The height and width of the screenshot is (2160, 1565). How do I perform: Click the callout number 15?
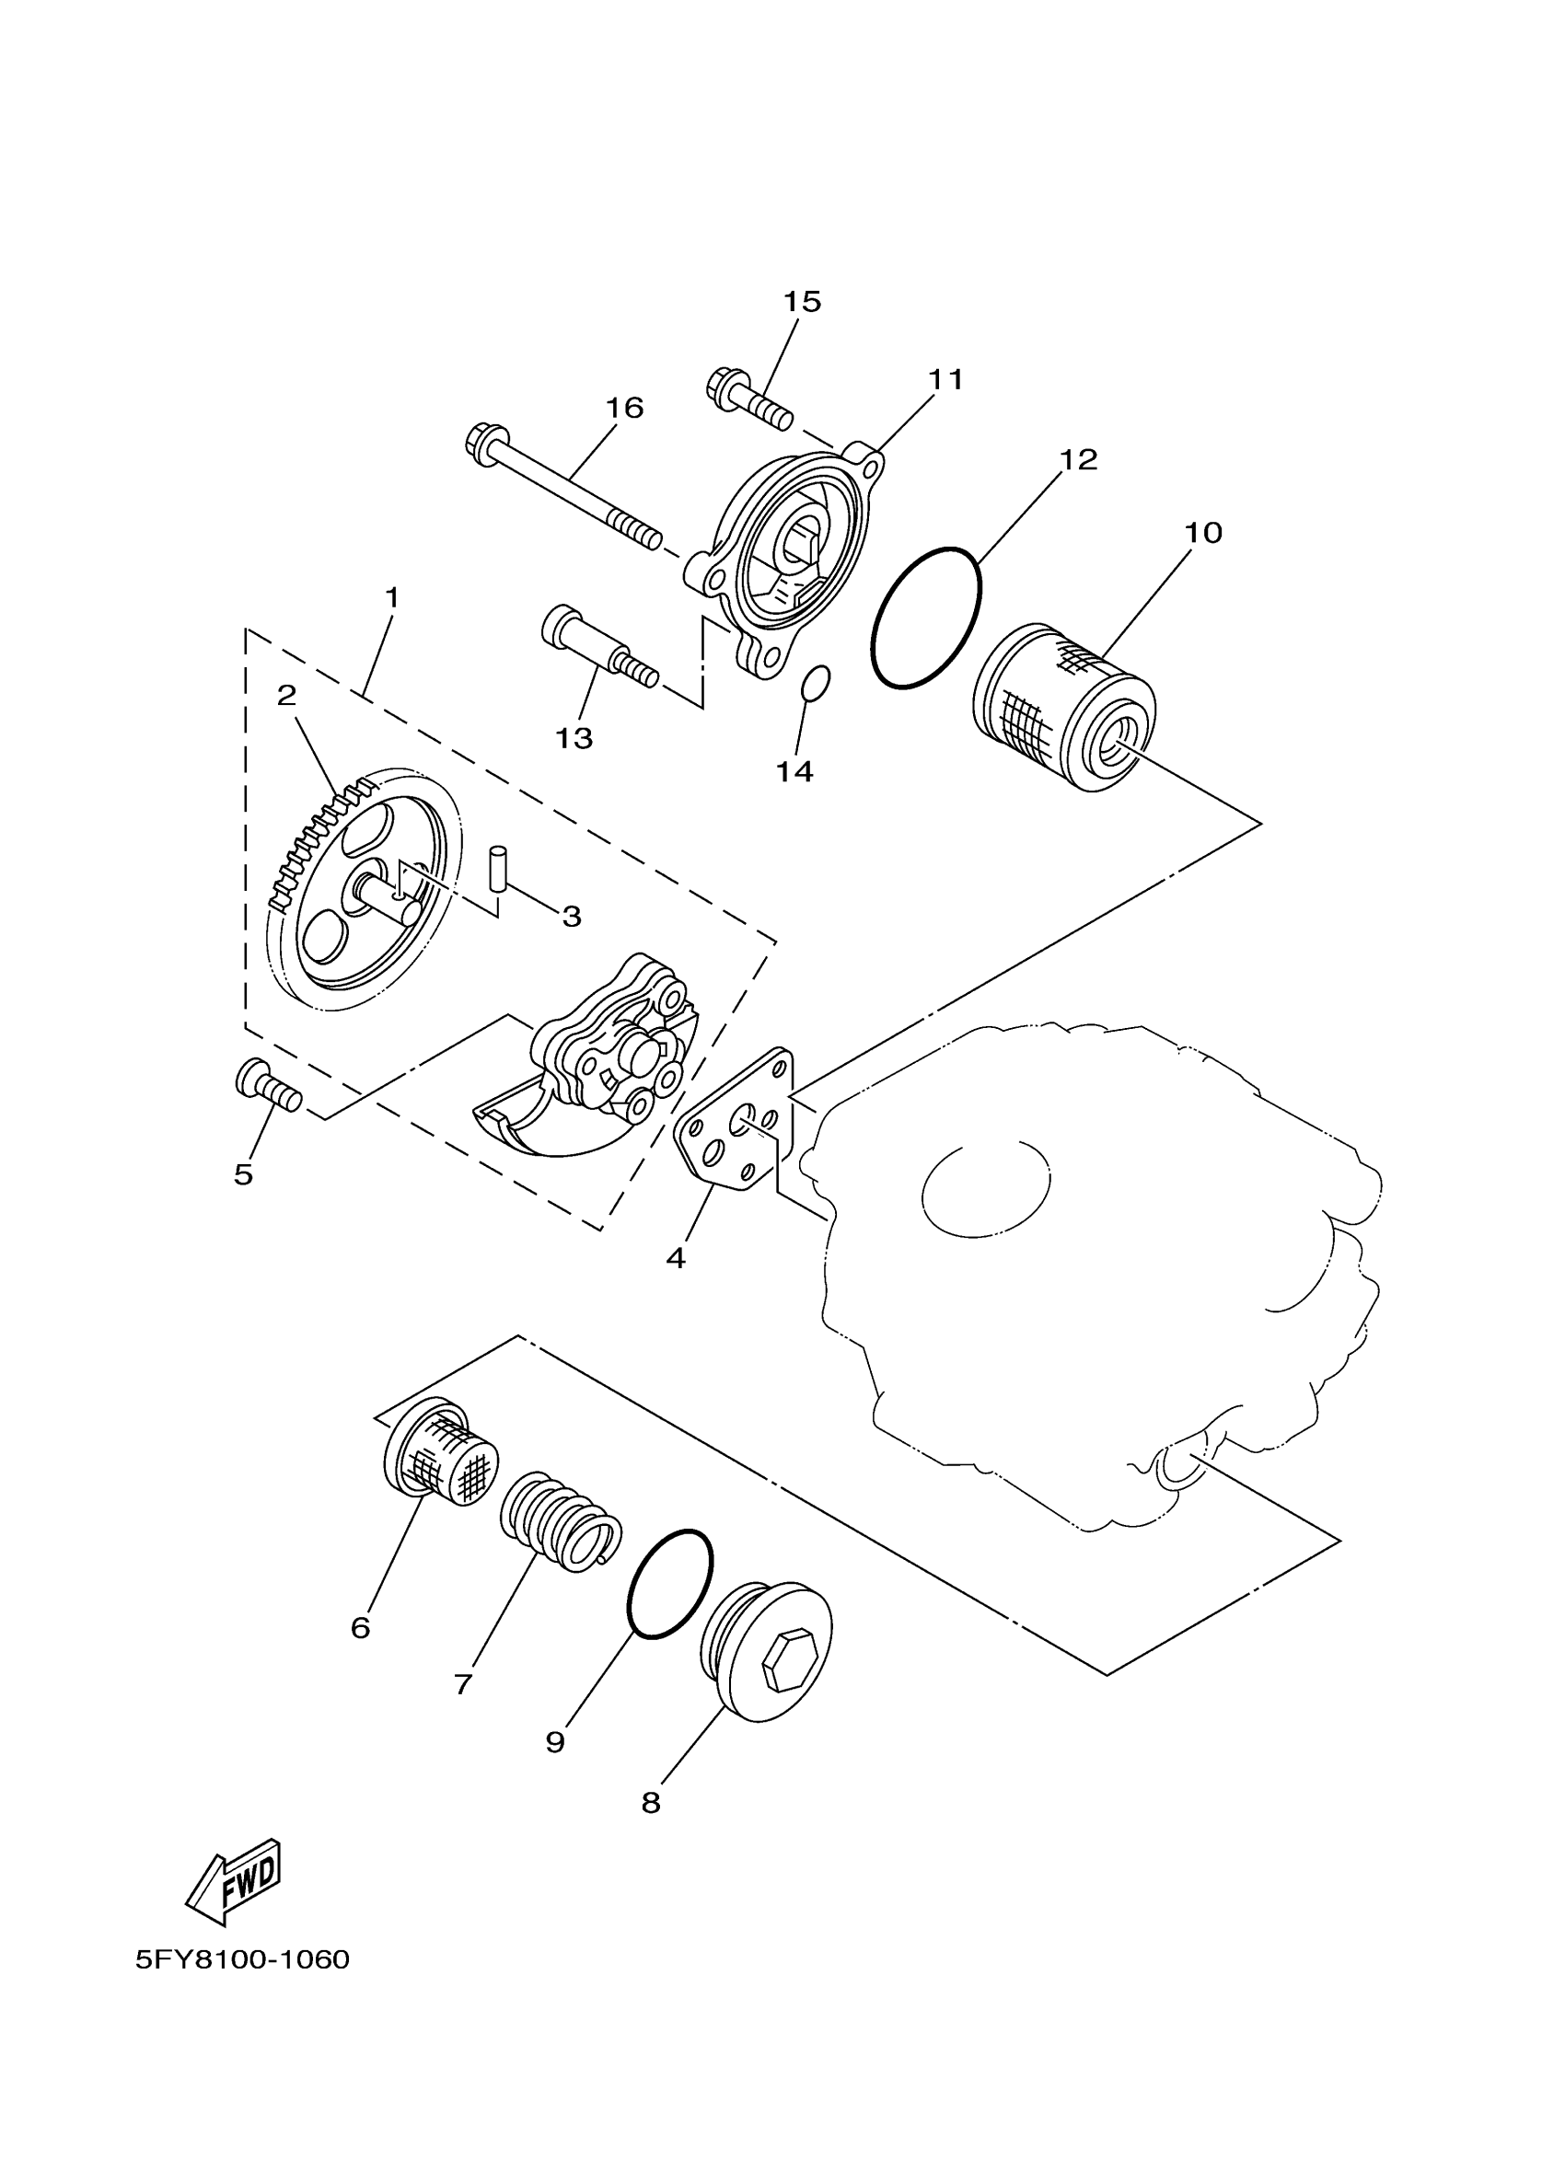(x=801, y=302)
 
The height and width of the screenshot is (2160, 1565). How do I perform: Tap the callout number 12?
(x=1078, y=460)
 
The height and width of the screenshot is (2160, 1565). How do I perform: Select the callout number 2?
(x=286, y=694)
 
